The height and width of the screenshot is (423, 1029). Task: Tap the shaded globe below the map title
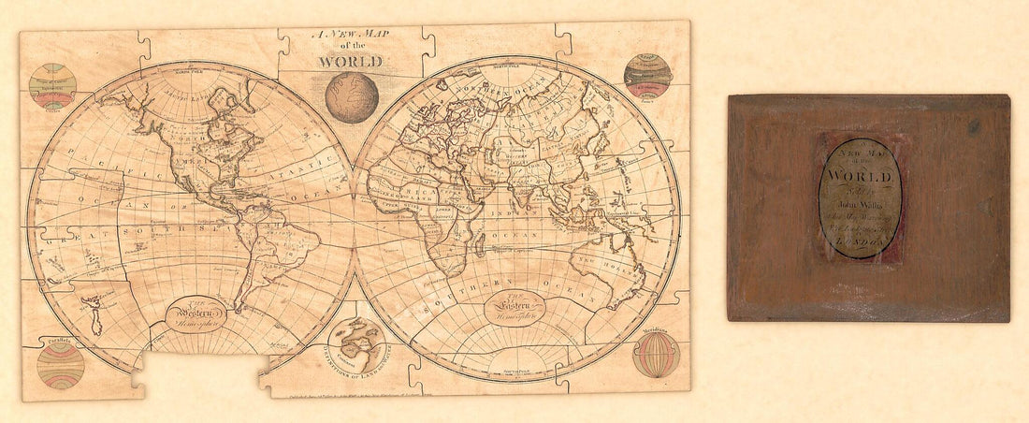point(353,97)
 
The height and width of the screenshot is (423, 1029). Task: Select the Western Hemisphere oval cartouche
point(196,314)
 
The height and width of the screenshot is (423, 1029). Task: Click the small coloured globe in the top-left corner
point(52,87)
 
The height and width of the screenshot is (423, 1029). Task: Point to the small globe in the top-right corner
point(647,76)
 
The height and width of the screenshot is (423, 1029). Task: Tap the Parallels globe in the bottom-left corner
point(61,364)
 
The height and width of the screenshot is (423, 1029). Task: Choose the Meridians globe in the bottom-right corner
point(657,355)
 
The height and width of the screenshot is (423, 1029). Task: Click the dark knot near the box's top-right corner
point(975,126)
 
